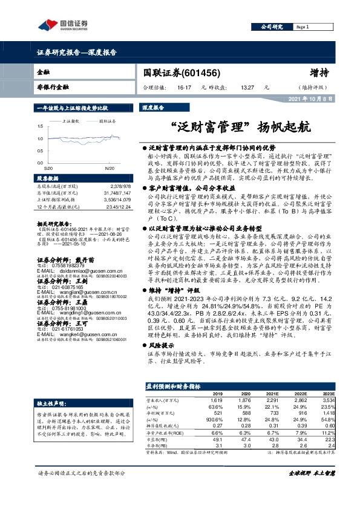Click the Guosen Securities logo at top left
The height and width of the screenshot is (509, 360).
pyautogui.click(x=61, y=25)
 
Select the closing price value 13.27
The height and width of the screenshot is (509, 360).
pyautogui.click(x=246, y=88)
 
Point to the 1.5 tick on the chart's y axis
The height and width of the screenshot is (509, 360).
pyautogui.click(x=41, y=126)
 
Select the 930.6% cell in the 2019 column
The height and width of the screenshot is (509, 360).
pyautogui.click(x=214, y=418)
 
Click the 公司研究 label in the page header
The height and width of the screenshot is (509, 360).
pyautogui.click(x=271, y=27)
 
